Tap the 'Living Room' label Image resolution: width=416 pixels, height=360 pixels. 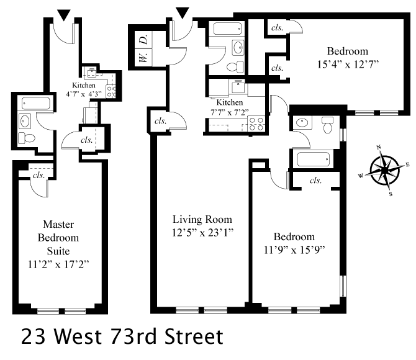(x=202, y=219)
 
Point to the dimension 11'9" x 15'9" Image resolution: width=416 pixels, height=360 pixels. (x=295, y=250)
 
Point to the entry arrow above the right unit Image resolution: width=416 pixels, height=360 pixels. (x=183, y=13)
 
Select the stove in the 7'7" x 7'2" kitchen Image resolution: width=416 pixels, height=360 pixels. (x=256, y=124)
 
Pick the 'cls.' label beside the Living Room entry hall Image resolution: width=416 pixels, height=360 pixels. (x=160, y=120)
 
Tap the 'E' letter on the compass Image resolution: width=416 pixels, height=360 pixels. (x=407, y=164)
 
